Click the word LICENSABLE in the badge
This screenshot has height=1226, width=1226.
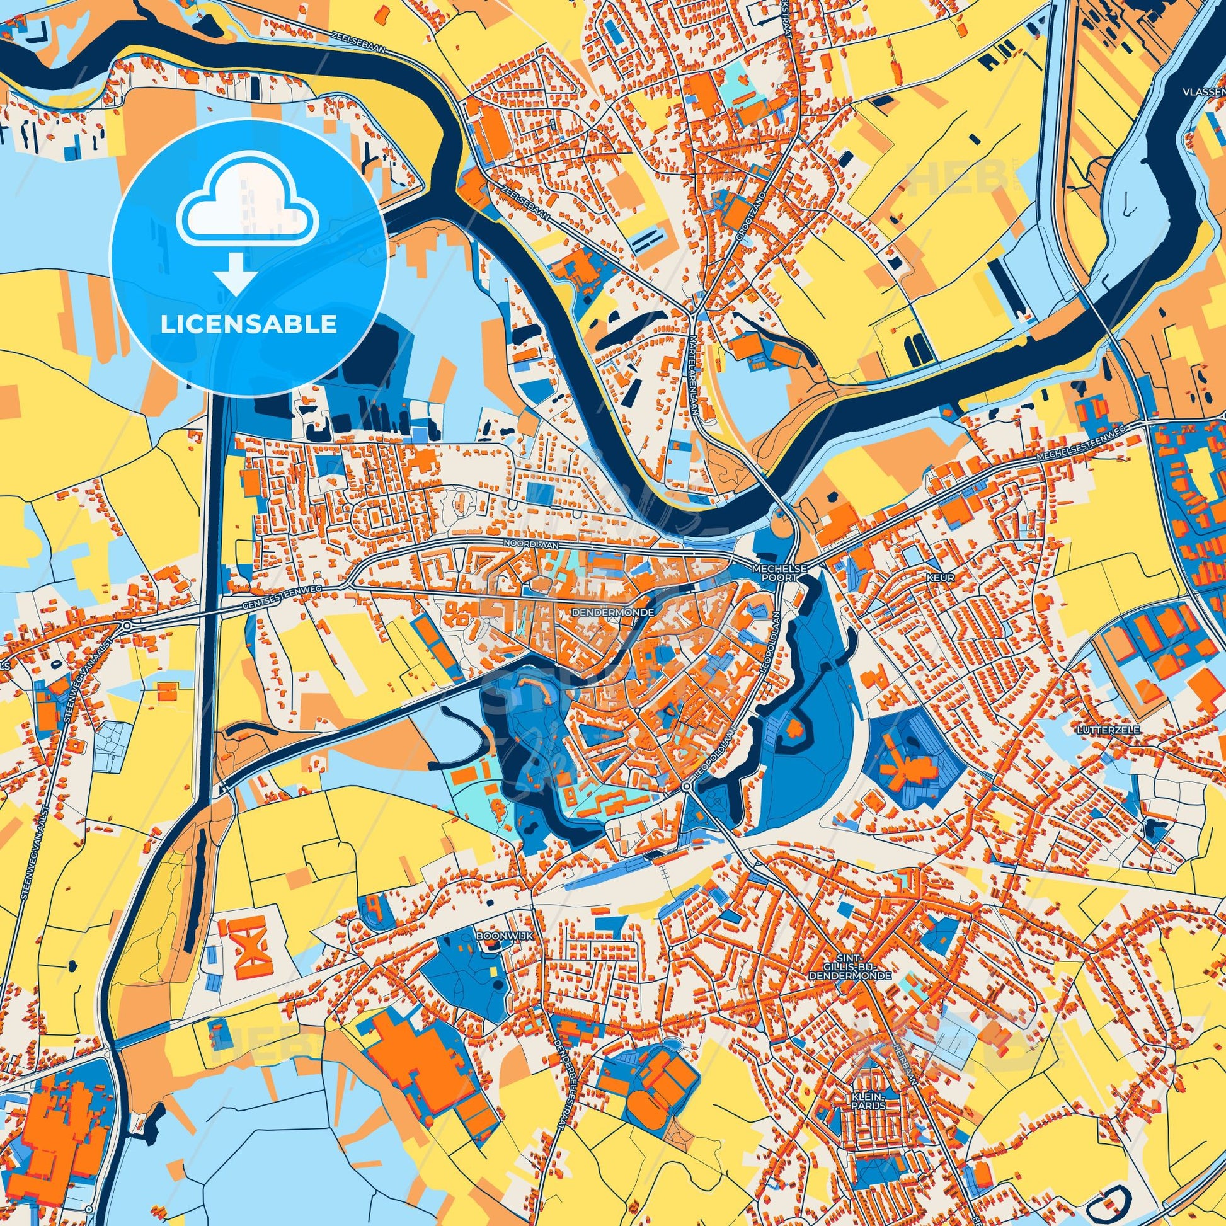248,324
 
